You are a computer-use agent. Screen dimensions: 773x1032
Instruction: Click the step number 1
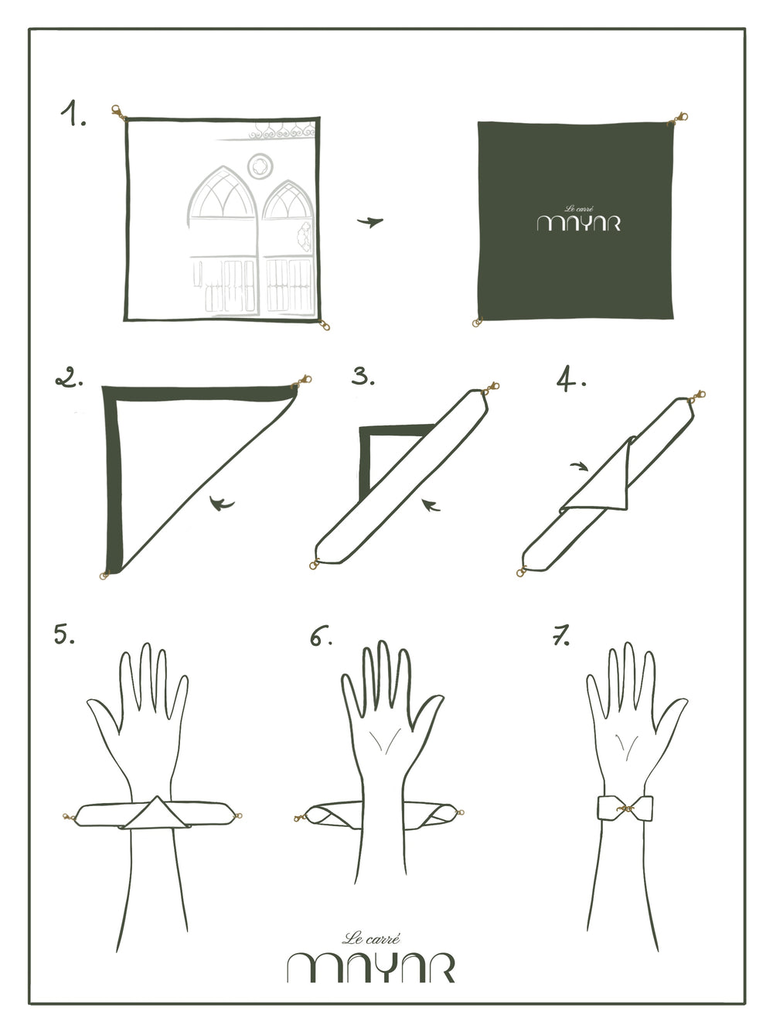[73, 113]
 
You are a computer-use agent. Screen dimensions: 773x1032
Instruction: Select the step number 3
[363, 376]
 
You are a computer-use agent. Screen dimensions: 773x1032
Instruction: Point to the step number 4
[571, 379]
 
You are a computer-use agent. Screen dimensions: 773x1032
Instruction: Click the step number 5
[64, 634]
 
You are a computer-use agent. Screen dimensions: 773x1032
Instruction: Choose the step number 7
[560, 635]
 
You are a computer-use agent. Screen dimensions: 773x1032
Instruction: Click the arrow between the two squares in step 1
[370, 222]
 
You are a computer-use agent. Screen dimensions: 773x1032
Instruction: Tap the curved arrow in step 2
[221, 504]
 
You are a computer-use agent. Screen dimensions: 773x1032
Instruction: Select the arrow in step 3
[431, 505]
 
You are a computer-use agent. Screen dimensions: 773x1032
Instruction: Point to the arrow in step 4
[579, 466]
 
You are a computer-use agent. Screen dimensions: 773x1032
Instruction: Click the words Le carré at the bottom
[371, 938]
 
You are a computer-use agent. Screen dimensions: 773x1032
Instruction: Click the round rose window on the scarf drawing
[261, 166]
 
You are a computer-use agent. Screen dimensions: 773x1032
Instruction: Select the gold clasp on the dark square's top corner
[678, 119]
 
